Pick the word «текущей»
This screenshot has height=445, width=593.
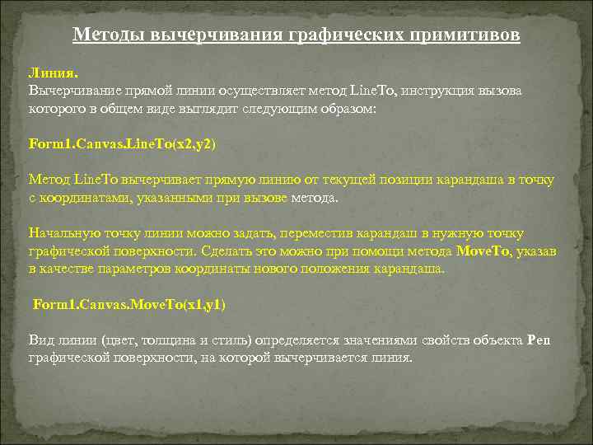(354, 180)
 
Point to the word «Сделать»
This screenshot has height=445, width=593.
(215, 251)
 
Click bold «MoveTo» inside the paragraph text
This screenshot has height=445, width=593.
(483, 251)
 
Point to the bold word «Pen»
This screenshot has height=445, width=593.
(538, 340)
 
